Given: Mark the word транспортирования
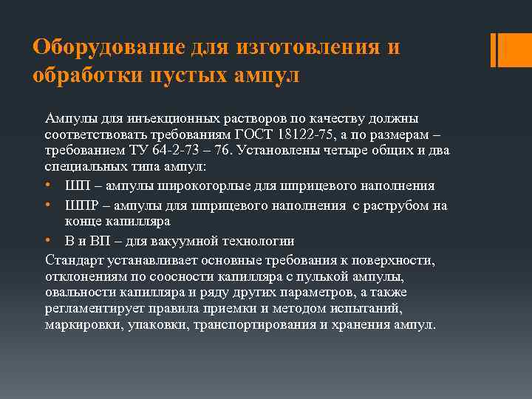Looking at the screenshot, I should tap(245, 325).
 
